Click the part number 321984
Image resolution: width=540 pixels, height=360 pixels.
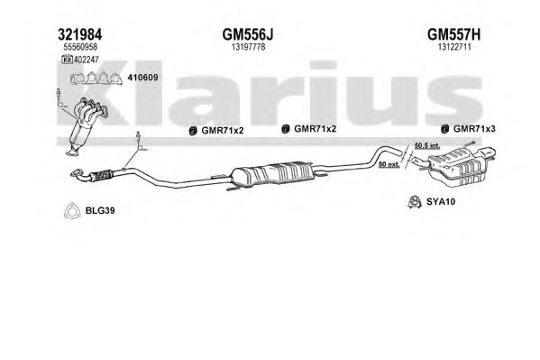click(80, 35)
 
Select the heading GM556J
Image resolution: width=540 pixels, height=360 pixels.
click(248, 35)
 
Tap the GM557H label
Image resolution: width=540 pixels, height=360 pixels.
click(453, 35)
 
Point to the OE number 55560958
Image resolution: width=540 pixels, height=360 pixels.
click(80, 47)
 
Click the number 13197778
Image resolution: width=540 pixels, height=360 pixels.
click(248, 47)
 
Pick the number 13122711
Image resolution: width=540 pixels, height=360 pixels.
click(454, 47)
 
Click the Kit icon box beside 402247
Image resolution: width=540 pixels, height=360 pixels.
click(67, 60)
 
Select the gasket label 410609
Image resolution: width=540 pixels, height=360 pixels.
click(143, 78)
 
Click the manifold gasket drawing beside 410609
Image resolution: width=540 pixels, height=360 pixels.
click(96, 78)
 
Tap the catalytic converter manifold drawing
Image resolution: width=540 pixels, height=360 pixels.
click(87, 125)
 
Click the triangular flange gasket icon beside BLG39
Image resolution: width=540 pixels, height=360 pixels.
click(72, 210)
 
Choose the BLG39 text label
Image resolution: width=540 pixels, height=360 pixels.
click(100, 210)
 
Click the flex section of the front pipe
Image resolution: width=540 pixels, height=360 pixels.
click(102, 175)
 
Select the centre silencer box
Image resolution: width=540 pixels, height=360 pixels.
click(272, 173)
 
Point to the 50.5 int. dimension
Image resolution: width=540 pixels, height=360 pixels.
click(427, 146)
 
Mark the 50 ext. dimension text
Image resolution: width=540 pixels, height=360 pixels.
click(389, 164)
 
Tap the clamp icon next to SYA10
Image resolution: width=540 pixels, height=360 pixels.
click(414, 202)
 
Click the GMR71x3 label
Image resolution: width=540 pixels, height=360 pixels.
click(474, 129)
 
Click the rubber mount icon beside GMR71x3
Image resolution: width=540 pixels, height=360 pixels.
click(445, 129)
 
